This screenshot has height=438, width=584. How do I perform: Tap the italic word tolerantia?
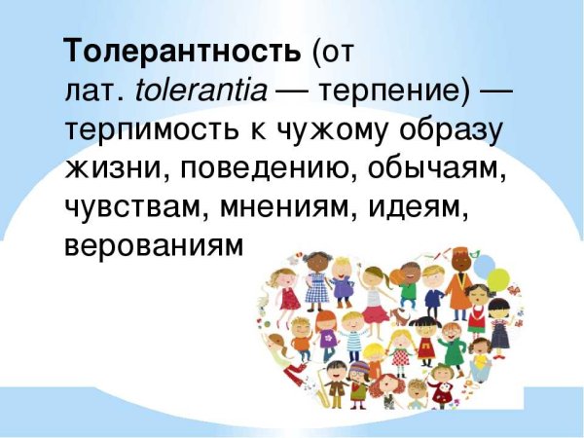pyautogui.click(x=201, y=93)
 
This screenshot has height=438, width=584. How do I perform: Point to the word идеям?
pyautogui.click(x=439, y=207)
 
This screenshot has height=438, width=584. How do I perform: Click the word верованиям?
pyautogui.click(x=151, y=245)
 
